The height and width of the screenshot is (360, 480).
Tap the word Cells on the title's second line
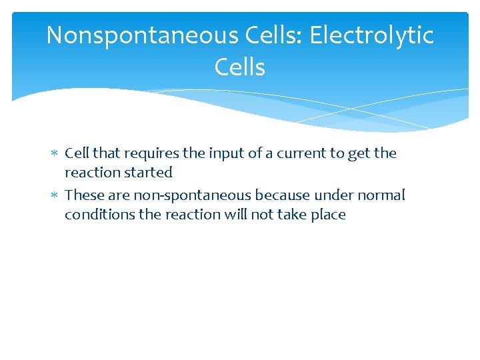tap(240, 67)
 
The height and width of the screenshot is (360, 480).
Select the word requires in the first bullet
tap(151, 154)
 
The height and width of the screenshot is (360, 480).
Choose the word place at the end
tap(328, 215)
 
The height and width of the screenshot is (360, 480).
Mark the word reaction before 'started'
tap(90, 173)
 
